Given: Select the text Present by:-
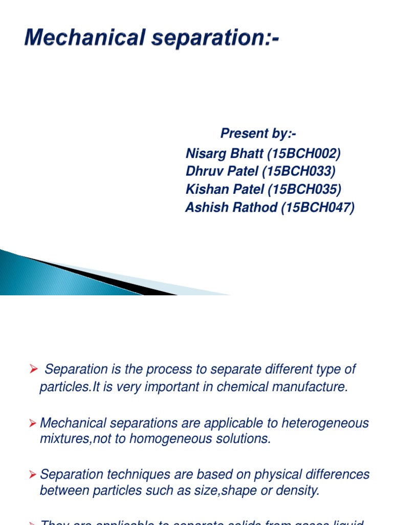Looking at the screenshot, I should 258,134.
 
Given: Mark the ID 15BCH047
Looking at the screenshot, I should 317,208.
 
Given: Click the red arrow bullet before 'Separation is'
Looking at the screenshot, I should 34,369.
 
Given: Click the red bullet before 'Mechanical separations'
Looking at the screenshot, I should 33,423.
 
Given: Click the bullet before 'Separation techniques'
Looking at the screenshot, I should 33,474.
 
